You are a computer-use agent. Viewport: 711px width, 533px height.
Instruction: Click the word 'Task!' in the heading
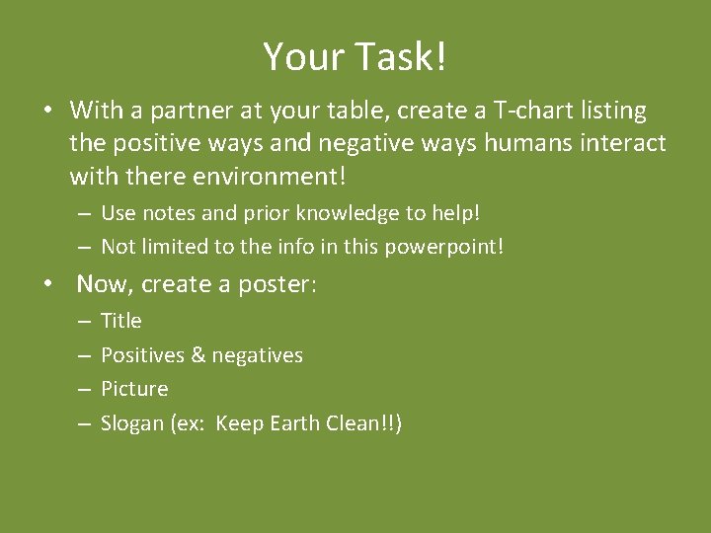[403, 57]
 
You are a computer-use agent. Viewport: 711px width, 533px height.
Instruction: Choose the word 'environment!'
[260, 178]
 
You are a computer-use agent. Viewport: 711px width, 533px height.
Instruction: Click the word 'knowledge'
[348, 213]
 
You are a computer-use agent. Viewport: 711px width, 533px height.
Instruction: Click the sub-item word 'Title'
[121, 321]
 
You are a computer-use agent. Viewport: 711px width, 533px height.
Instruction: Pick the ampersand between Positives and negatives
[197, 355]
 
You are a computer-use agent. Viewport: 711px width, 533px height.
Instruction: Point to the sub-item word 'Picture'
[134, 389]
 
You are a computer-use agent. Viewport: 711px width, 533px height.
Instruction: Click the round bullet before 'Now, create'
[47, 285]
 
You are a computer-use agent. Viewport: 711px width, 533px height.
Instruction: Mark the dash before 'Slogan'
[85, 424]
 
